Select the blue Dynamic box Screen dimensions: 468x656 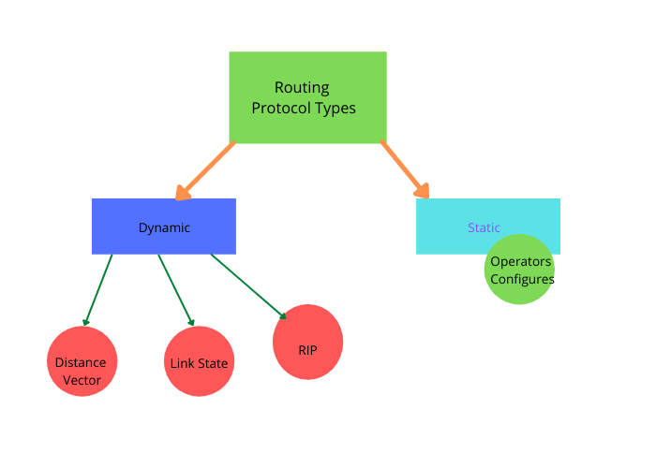163,227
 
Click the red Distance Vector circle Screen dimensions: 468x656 82,361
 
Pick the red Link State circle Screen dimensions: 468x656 199,362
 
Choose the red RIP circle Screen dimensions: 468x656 307,343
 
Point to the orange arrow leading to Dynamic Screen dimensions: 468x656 205,170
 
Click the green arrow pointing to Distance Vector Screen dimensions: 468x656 97,289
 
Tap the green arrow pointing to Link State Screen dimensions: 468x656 176,289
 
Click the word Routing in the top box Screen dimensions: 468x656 302,88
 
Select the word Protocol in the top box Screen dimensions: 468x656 282,109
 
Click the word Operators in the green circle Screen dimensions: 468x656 521,262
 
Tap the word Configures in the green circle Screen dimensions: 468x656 522,279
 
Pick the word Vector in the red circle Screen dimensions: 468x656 81,380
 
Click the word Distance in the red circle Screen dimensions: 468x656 81,362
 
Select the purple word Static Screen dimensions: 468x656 484,227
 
